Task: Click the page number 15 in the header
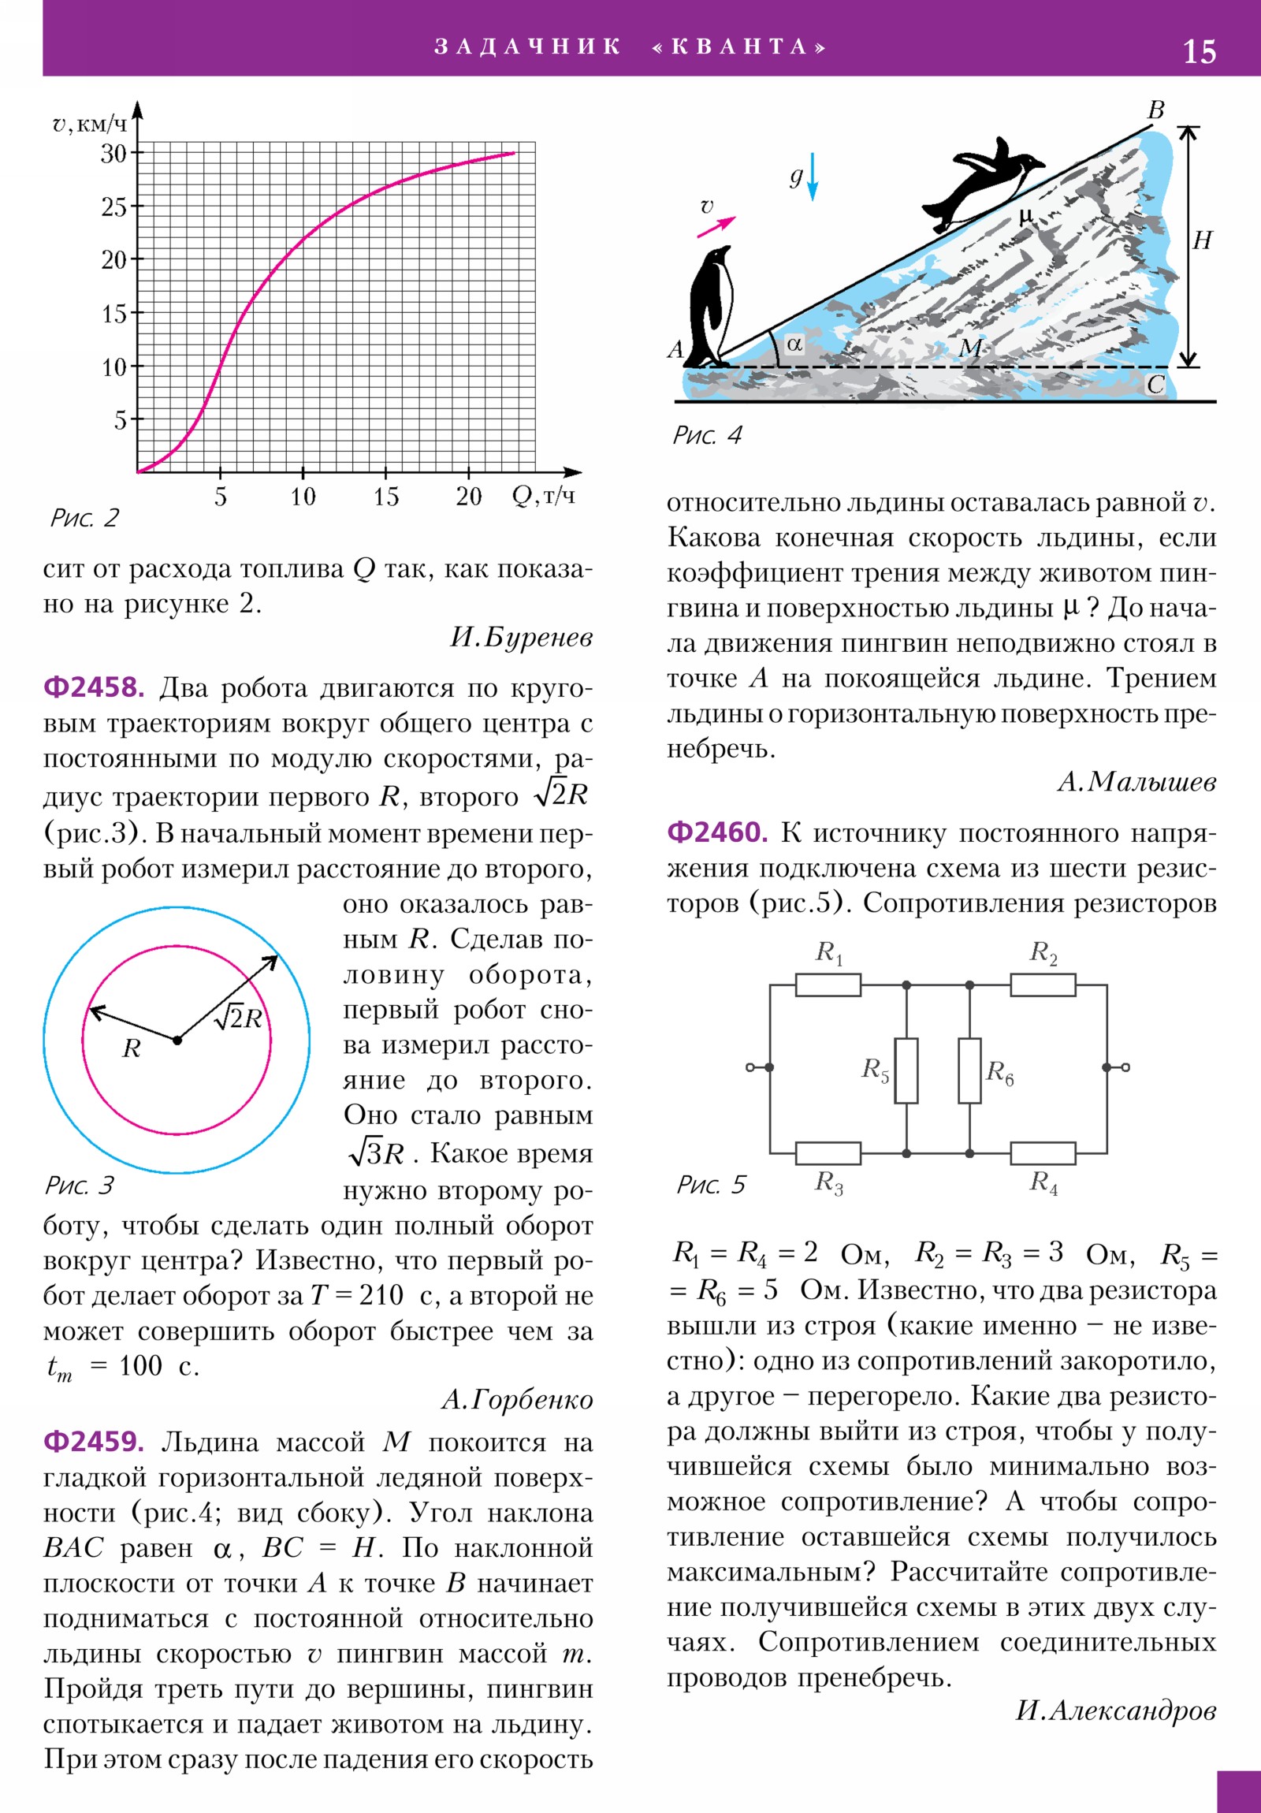[1199, 52]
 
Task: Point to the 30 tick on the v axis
[113, 153]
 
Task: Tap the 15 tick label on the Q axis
[385, 497]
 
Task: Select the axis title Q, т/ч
[543, 496]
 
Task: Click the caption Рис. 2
[84, 518]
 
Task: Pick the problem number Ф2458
[94, 688]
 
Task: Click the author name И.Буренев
[521, 637]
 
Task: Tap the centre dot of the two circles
[177, 1041]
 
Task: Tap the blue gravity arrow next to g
[813, 176]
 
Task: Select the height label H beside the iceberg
[1202, 241]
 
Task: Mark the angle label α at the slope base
[794, 344]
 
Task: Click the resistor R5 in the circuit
[906, 1070]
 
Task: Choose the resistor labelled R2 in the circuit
[1042, 985]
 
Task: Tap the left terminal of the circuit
[750, 1067]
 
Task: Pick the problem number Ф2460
[717, 832]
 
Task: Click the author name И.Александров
[1115, 1711]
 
